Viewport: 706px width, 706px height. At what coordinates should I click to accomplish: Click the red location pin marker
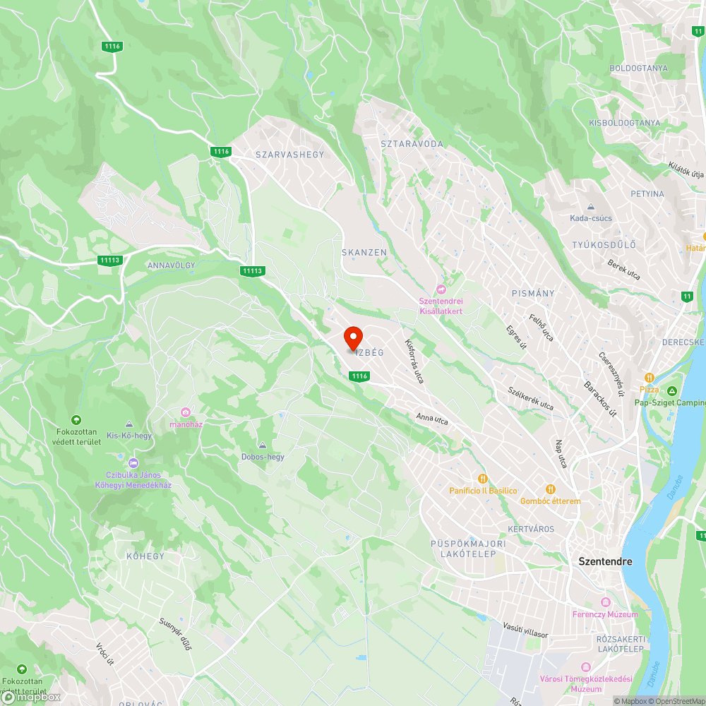(x=353, y=338)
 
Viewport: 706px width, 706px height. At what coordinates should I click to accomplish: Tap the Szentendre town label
(x=605, y=562)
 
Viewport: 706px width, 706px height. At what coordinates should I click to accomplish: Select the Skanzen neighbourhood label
(x=364, y=252)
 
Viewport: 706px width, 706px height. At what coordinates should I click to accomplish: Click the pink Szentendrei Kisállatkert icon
(x=442, y=289)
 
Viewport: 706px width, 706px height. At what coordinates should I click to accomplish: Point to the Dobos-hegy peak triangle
(x=263, y=445)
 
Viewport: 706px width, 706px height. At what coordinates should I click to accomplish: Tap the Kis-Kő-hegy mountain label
(x=128, y=436)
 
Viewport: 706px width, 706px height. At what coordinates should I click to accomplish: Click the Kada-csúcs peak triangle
(x=591, y=207)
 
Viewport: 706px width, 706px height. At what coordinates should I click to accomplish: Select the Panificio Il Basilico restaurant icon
(x=484, y=479)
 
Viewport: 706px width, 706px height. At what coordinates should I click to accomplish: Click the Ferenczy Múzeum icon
(x=605, y=602)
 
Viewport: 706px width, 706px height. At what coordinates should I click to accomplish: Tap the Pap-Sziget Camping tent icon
(x=672, y=390)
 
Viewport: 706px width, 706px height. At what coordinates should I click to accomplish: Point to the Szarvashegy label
(x=289, y=155)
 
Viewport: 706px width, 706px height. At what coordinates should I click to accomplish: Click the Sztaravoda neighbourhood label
(x=412, y=144)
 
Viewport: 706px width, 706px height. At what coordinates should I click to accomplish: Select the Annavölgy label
(x=171, y=265)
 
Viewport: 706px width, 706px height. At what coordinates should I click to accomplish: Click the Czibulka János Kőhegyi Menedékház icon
(x=133, y=462)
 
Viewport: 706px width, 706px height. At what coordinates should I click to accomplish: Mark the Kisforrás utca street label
(x=414, y=361)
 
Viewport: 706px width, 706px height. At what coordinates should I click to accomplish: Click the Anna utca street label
(x=432, y=419)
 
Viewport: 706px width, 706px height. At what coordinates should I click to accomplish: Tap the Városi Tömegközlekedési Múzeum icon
(x=585, y=667)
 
